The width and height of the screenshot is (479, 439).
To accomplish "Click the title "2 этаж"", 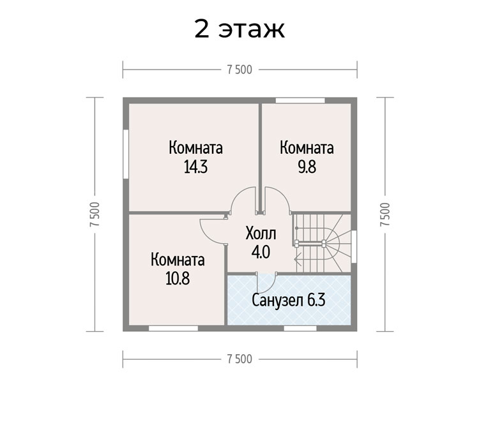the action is (x=240, y=29).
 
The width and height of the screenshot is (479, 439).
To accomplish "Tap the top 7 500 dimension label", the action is (x=240, y=70).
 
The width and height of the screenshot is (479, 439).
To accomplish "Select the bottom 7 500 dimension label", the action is (x=240, y=359).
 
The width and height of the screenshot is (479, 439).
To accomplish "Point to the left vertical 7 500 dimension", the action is (x=95, y=214).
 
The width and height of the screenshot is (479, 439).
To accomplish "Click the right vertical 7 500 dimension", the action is (x=385, y=214).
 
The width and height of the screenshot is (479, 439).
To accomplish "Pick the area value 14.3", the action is (x=195, y=167).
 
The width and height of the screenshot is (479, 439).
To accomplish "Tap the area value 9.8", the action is (x=307, y=167).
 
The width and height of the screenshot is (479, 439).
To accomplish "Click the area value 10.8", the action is (x=178, y=278).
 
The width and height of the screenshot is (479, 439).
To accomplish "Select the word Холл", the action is (x=261, y=234).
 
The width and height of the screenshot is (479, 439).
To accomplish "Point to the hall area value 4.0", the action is (x=261, y=253).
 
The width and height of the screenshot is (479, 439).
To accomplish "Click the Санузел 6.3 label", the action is (x=289, y=301).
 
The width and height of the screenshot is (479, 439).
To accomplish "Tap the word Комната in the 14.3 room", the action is (x=195, y=148).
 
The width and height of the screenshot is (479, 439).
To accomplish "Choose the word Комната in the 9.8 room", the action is (x=307, y=148).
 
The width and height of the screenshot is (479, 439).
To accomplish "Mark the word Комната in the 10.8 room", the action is (x=178, y=260).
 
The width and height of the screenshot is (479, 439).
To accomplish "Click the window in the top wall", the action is (x=300, y=100).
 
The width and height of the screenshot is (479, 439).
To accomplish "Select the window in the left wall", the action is (x=126, y=154).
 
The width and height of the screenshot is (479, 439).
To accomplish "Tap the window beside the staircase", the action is (x=354, y=247).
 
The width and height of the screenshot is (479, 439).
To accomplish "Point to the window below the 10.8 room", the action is (x=173, y=329).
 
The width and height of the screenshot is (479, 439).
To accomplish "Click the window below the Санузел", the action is (x=300, y=329).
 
